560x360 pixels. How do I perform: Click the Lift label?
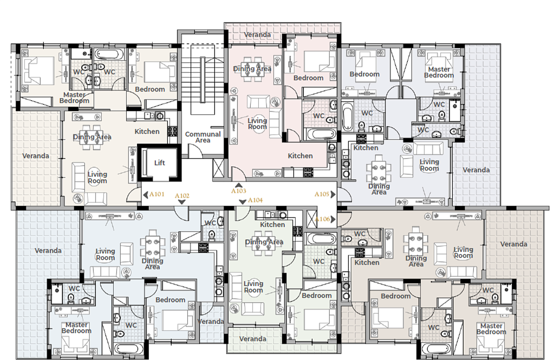[159, 163]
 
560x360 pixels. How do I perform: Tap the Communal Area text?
[203, 137]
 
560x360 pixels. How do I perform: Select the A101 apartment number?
[157, 194]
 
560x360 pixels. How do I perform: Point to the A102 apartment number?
[182, 196]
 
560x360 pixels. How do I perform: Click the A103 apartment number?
[239, 191]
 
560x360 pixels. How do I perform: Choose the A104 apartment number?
[255, 200]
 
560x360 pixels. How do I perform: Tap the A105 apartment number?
[322, 194]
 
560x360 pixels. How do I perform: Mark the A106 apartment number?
[322, 219]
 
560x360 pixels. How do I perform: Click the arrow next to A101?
[145, 195]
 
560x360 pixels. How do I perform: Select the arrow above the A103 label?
[239, 185]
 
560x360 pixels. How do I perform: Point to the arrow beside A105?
[333, 194]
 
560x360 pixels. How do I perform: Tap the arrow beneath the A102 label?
[182, 202]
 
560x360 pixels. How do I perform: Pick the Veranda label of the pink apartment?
[257, 35]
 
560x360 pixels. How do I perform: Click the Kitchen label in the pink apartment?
[300, 156]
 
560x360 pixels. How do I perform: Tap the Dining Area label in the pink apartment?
[252, 69]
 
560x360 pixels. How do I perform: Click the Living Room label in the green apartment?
[253, 287]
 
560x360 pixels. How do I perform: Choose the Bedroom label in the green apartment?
[316, 296]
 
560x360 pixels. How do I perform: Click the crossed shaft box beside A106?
[312, 219]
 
